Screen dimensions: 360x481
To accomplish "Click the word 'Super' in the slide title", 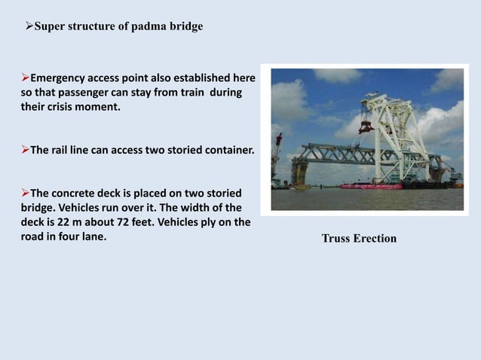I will pyautogui.click(x=51, y=26).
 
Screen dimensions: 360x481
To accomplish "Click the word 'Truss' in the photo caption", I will pyautogui.click(x=337, y=239).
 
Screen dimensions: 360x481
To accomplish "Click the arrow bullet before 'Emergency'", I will pyautogui.click(x=25, y=78).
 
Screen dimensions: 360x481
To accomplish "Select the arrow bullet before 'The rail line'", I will pyautogui.click(x=25, y=150).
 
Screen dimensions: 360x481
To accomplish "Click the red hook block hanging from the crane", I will pyautogui.click(x=366, y=124).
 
